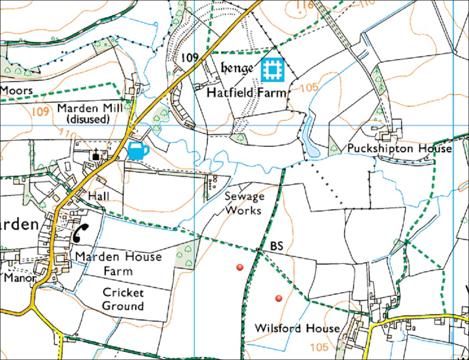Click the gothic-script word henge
click(237, 68)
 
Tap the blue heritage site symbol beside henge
click(273, 69)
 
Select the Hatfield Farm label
click(246, 92)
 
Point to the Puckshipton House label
click(399, 149)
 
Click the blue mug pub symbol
click(138, 152)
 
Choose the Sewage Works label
click(244, 203)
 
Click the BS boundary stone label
click(276, 246)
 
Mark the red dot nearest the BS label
click(240, 268)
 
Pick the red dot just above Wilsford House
click(279, 298)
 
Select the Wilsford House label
click(297, 328)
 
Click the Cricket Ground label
click(123, 299)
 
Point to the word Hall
click(98, 196)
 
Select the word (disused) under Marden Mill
click(89, 119)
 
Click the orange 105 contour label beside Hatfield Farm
click(309, 88)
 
